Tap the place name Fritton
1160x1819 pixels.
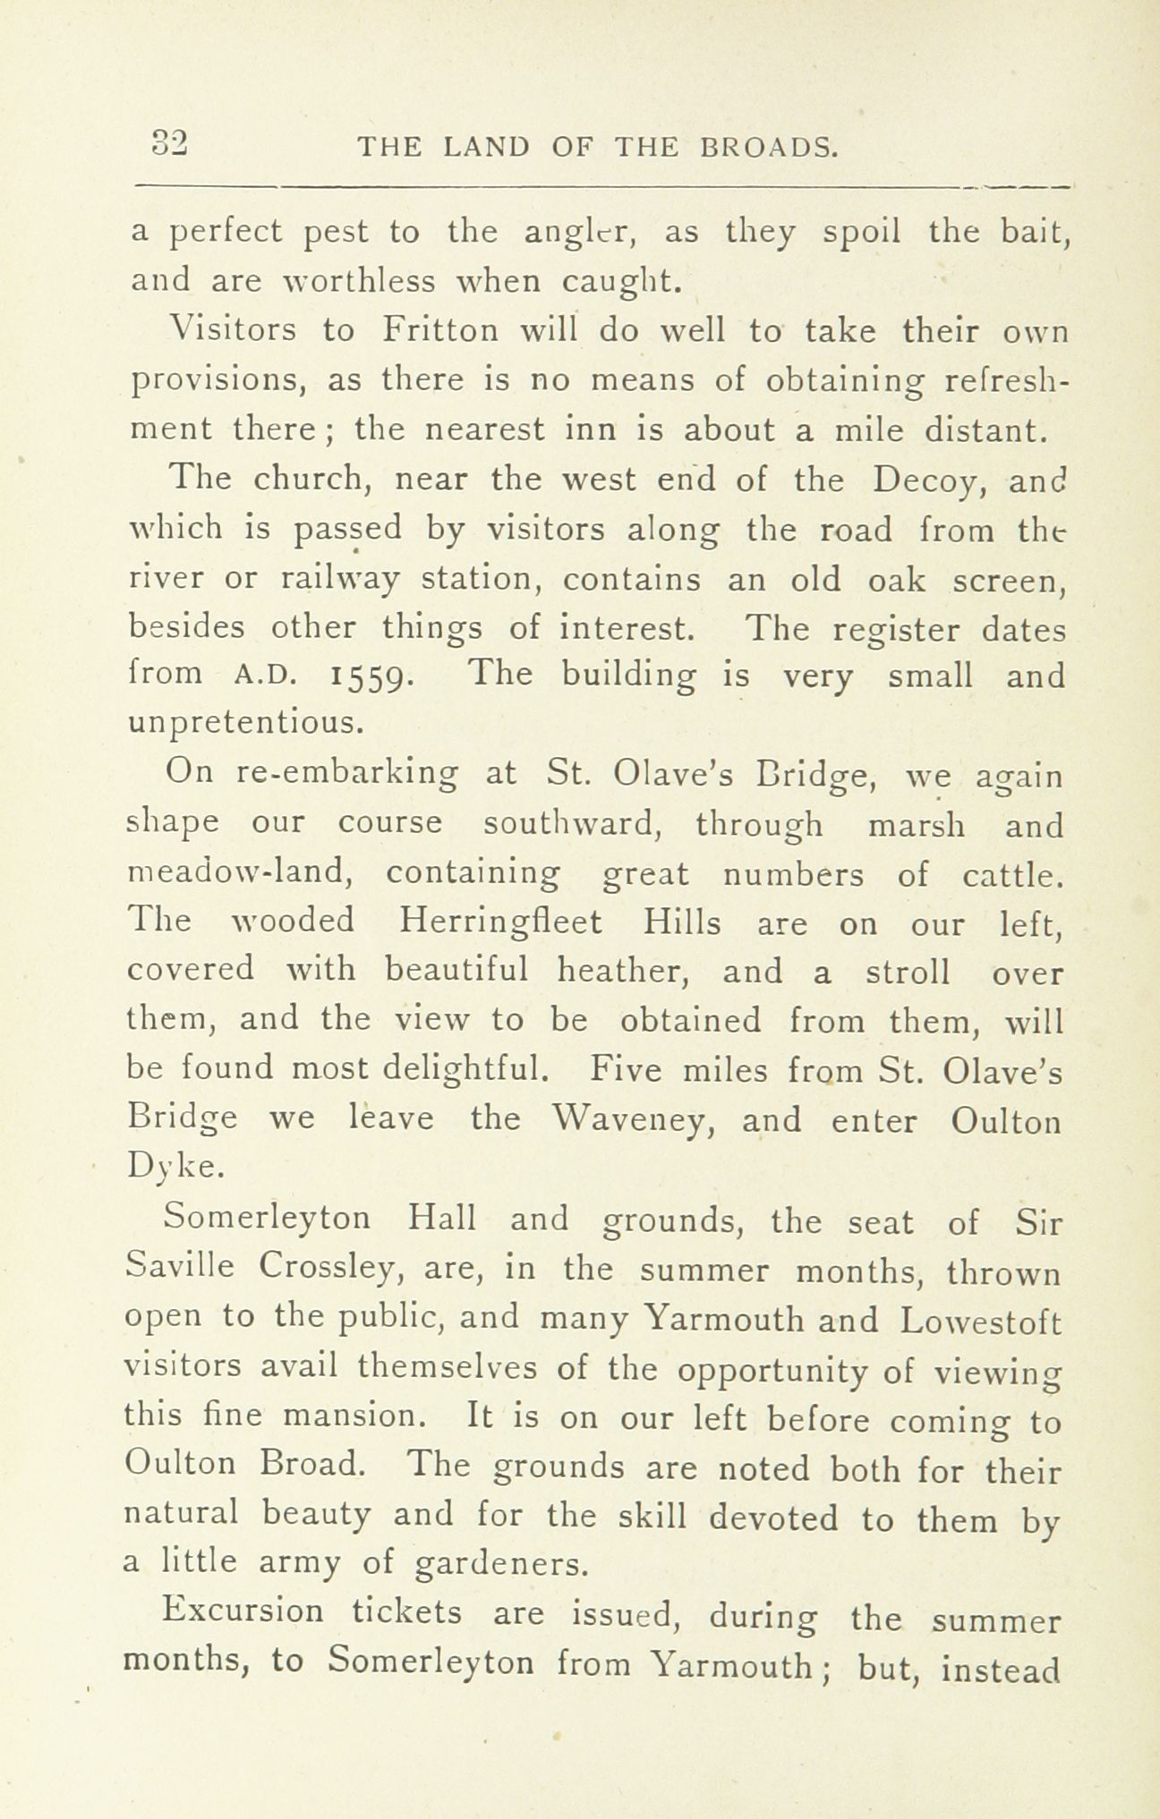coord(439,331)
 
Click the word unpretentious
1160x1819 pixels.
coord(245,722)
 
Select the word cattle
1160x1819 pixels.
coord(1012,874)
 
